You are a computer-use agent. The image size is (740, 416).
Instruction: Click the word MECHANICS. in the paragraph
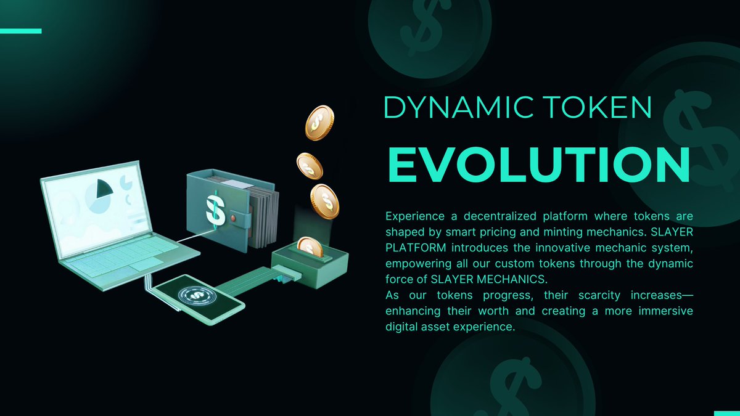[511, 280]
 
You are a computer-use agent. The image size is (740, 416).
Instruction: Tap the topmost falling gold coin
[319, 122]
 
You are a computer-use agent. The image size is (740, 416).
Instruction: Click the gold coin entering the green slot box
[310, 247]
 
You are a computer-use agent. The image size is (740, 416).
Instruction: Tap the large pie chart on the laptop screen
[98, 196]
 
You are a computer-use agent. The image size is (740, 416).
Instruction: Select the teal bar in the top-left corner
[20, 30]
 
